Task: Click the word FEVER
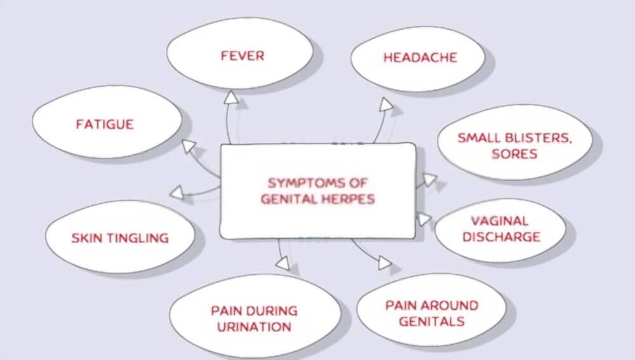coord(242,55)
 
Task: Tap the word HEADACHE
coord(420,58)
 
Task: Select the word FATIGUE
coord(105,124)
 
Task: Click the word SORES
coord(514,154)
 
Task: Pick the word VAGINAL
coord(499,222)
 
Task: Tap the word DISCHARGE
coord(501,237)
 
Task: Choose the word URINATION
coord(253,327)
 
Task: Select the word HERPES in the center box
coord(347,199)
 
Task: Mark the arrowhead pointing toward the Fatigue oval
coord(188,147)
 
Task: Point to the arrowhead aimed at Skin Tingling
coord(178,192)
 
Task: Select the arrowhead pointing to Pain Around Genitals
coord(384,262)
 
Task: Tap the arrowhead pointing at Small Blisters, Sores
coord(430,180)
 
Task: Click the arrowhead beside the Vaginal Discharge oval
coord(423,219)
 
